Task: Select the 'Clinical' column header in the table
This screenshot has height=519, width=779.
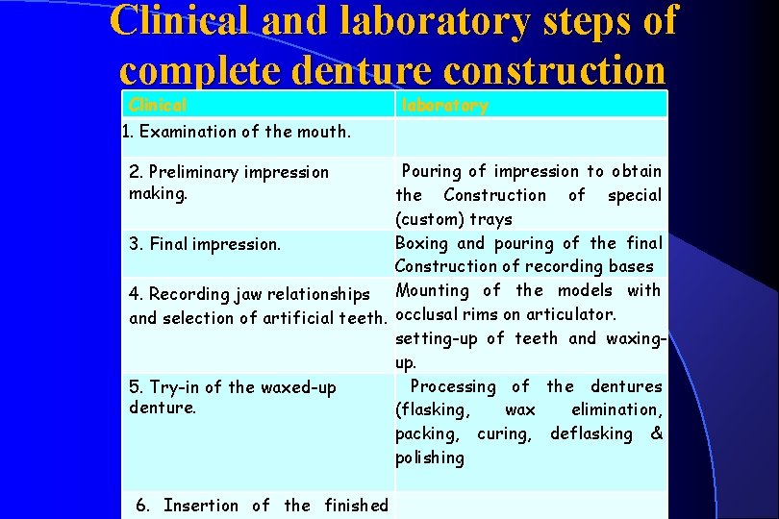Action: [158, 105]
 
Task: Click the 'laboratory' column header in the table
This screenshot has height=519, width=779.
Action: [444, 105]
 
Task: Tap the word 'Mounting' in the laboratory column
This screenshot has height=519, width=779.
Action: [432, 290]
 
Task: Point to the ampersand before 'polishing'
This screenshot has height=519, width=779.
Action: [656, 434]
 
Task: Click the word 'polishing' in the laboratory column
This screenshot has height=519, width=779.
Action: [429, 458]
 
